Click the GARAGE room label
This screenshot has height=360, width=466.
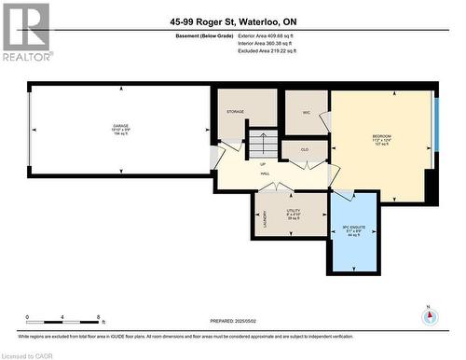pos(120,124)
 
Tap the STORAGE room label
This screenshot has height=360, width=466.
pos(235,112)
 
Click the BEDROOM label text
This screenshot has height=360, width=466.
pos(382,137)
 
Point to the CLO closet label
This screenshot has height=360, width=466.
pos(305,148)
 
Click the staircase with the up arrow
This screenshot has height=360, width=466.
pos(263,145)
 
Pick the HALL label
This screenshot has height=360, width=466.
pos(264,173)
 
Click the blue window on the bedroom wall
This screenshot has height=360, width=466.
pos(434,121)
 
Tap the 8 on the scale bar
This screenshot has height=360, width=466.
pos(101,317)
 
